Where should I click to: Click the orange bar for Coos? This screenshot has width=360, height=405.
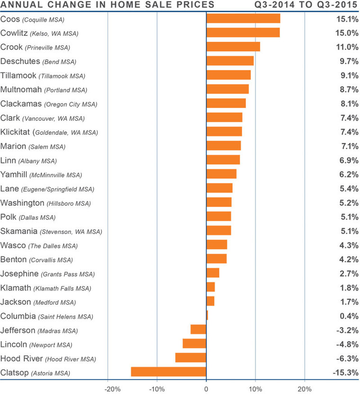pyautogui.click(x=243, y=18)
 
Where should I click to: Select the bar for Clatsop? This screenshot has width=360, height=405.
pyautogui.click(x=168, y=372)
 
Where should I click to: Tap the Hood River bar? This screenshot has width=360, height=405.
pyautogui.click(x=190, y=358)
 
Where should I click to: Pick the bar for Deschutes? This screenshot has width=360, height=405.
pyautogui.click(x=230, y=61)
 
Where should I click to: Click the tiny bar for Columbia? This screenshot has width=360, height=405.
pyautogui.click(x=207, y=315)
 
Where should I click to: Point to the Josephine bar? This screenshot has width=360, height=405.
pyautogui.click(x=213, y=273)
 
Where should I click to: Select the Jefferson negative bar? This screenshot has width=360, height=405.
pyautogui.click(x=198, y=330)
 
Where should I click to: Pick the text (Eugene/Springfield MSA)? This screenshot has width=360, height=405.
pyautogui.click(x=58, y=189)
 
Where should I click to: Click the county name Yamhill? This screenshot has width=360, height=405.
pyautogui.click(x=14, y=175)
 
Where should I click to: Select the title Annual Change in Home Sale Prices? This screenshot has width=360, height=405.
pyautogui.click(x=108, y=5)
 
